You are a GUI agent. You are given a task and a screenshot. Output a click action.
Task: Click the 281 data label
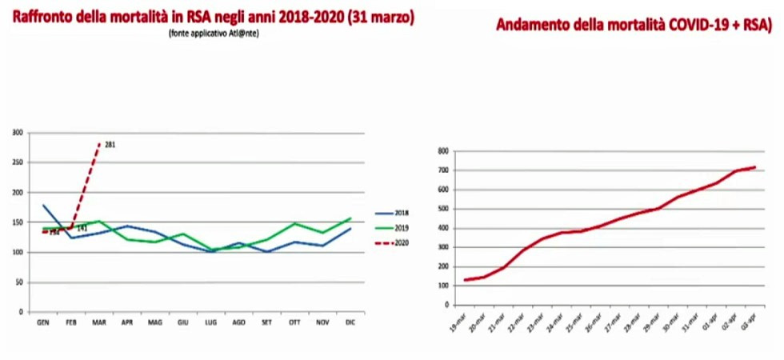tap(110, 145)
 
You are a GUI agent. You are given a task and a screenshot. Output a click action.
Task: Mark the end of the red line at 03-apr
tap(755, 167)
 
